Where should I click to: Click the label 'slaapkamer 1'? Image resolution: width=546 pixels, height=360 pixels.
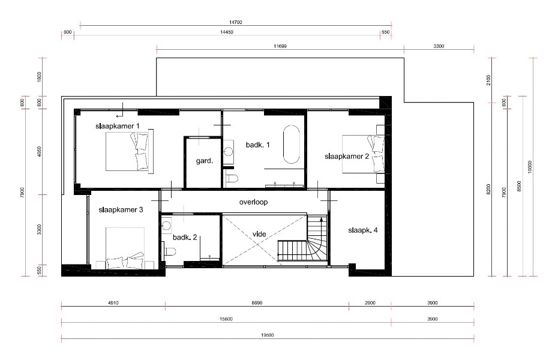coord(118,126)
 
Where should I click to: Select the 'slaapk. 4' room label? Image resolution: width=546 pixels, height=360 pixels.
coord(362,230)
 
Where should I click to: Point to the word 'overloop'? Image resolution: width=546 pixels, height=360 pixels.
coord(253,202)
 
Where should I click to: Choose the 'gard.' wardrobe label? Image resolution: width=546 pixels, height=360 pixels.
coord(204,161)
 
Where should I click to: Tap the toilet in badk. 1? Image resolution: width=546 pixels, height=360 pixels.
coord(233,178)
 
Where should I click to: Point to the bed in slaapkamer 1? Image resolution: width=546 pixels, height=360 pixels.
coord(128,152)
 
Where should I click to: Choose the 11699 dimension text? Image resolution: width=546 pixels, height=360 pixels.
coord(280,46)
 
